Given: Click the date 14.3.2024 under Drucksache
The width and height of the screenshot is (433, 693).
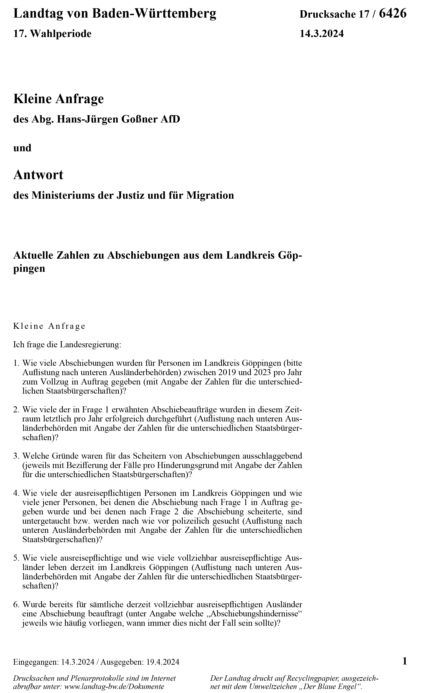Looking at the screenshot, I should click(x=321, y=34).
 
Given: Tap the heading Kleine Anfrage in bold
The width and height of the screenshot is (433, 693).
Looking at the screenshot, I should click(x=59, y=99).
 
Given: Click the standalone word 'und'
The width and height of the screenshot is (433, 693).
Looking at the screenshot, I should click(x=22, y=148).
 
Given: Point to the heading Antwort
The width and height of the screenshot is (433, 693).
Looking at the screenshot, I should click(x=38, y=175).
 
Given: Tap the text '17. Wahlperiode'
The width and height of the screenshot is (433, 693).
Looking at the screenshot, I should click(x=53, y=34).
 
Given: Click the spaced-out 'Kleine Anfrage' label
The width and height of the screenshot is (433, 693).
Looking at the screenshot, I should click(x=49, y=326).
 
